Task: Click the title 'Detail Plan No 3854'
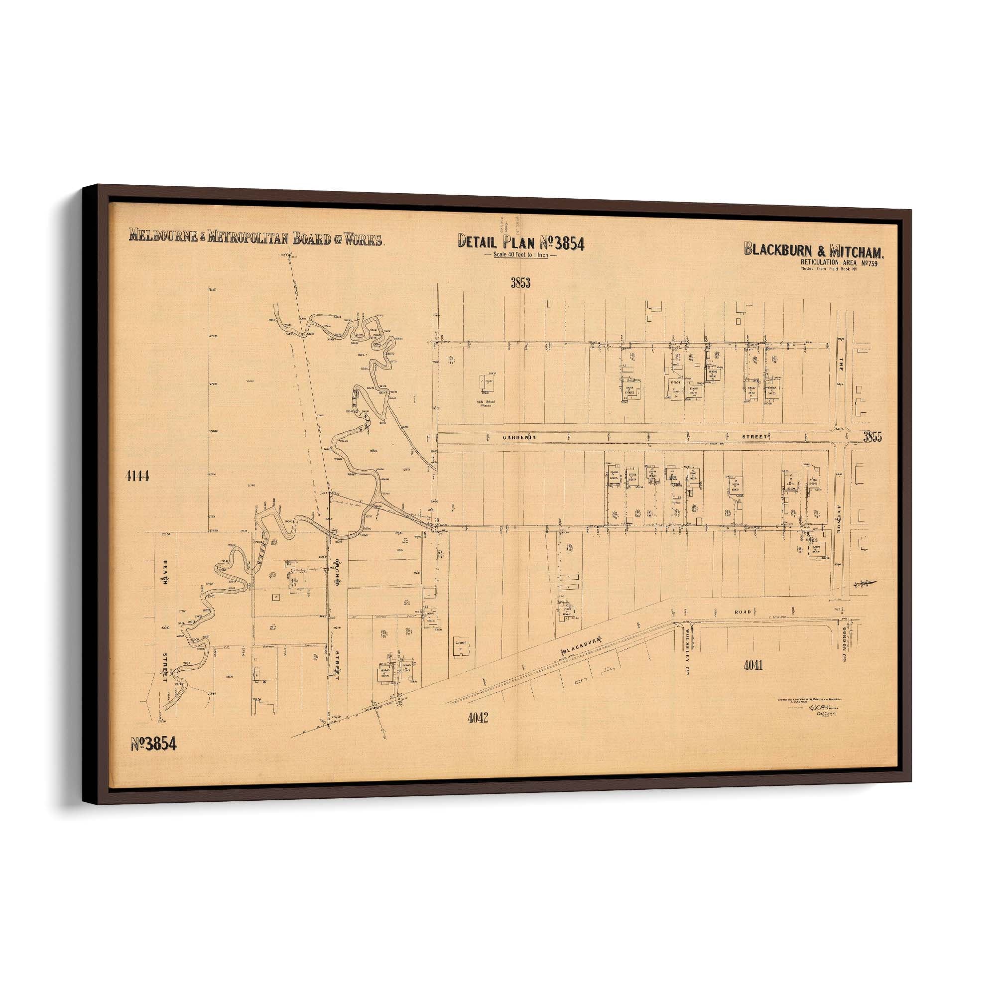[x=521, y=243]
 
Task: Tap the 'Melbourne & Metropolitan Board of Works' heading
[x=255, y=238]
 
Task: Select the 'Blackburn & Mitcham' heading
[x=814, y=250]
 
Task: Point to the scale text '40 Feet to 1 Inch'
[x=521, y=255]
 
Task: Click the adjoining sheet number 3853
[x=521, y=282]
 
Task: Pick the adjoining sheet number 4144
[x=137, y=477]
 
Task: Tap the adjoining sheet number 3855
[x=873, y=437]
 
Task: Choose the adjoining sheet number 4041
[x=753, y=665]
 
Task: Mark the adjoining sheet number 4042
[x=478, y=717]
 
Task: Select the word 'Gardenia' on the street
[x=519, y=438]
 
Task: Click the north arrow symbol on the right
[x=865, y=584]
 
